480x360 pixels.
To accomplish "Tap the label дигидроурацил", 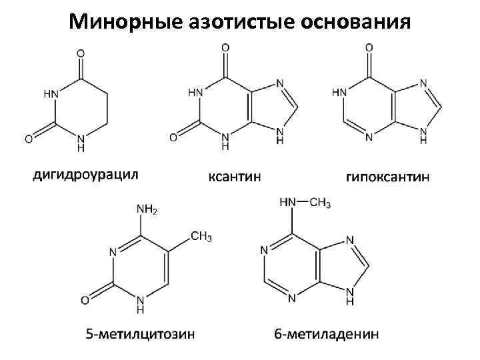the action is [85, 175].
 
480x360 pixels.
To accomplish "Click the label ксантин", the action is [235, 177].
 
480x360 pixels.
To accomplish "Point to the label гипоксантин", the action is [387, 177].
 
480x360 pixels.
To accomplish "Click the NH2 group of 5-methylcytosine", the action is [147, 210].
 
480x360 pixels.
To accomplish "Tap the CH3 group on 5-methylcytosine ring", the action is [201, 237].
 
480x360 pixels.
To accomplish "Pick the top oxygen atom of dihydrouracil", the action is [81, 51].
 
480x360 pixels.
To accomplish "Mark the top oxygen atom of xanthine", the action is [225, 48].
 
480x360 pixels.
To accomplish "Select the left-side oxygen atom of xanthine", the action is [173, 138].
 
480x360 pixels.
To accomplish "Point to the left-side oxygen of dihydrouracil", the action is [29, 139].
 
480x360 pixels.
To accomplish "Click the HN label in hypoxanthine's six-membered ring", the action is [339, 92].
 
